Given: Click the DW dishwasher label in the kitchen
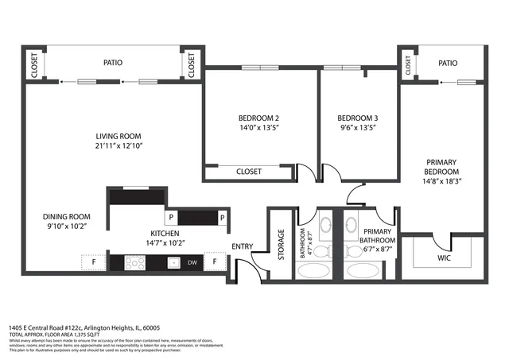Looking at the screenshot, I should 192,261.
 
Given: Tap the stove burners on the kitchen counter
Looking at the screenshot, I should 126,261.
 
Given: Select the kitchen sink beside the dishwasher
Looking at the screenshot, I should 171,261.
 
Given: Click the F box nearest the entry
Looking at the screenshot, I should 215,261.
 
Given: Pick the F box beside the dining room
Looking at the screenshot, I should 91,261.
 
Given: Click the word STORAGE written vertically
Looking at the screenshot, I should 282,245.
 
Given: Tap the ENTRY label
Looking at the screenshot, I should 242,246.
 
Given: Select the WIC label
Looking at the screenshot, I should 444,258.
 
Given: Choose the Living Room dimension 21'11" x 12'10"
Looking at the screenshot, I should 119,146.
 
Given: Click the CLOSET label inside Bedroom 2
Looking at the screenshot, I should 249,172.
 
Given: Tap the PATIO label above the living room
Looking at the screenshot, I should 112,62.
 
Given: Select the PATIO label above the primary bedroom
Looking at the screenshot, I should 448,63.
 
